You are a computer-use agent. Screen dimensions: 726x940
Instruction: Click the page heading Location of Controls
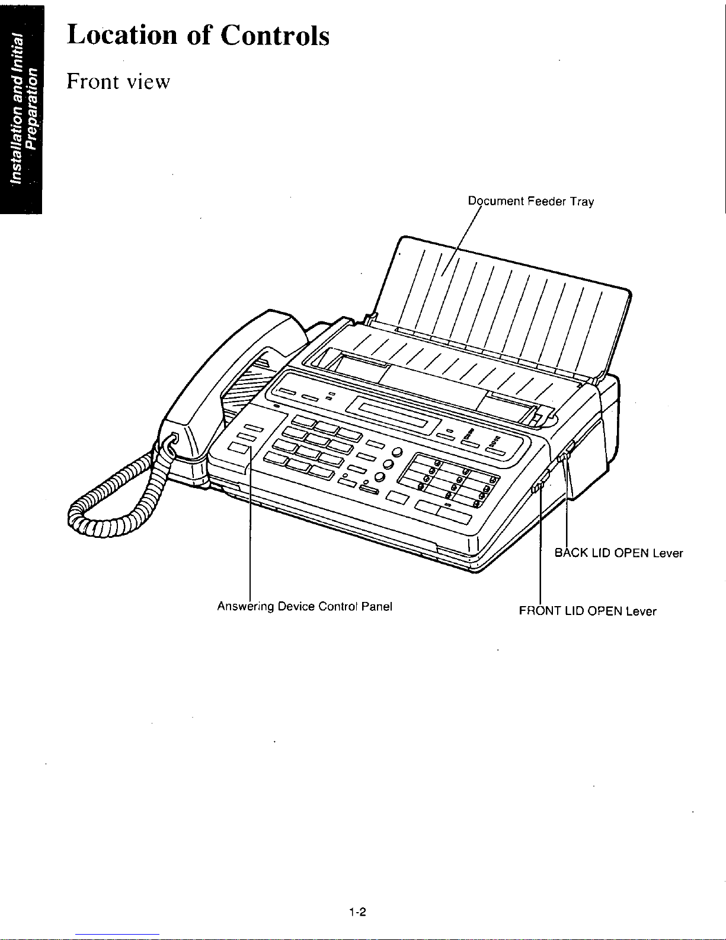click(198, 35)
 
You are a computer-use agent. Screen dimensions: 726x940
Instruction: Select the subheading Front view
click(119, 81)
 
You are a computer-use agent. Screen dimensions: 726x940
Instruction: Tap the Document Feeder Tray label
click(531, 201)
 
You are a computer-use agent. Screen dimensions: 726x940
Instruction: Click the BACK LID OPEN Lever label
click(619, 553)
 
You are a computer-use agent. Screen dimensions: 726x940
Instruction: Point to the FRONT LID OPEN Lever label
click(587, 611)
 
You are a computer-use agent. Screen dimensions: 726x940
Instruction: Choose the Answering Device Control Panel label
click(305, 606)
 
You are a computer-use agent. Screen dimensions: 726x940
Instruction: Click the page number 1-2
click(357, 912)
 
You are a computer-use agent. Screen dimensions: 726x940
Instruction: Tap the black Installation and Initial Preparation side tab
click(21, 110)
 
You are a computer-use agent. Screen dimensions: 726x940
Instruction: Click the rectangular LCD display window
click(393, 415)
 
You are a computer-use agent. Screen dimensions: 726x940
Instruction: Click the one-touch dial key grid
click(449, 480)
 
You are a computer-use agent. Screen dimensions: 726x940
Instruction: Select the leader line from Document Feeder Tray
click(461, 241)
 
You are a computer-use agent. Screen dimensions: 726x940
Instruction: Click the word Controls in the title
click(275, 35)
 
